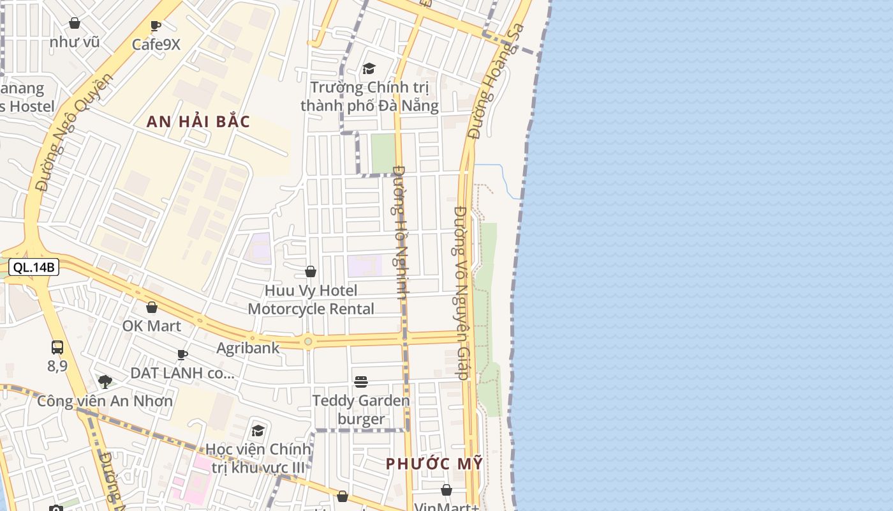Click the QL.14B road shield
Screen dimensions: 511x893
(34, 267)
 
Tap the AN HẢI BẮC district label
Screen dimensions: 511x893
(198, 121)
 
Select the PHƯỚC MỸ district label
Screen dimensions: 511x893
(434, 464)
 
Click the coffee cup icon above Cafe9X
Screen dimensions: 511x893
(156, 26)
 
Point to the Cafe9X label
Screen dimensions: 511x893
(156, 44)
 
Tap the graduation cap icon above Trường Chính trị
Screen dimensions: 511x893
(369, 68)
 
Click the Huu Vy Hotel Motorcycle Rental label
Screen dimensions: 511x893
(311, 300)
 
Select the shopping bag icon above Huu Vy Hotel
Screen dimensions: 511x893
(311, 271)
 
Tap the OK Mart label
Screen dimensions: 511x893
(152, 326)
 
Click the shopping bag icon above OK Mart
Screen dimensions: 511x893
(152, 307)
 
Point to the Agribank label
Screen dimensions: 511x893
(247, 347)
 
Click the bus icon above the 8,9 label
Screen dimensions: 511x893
(57, 347)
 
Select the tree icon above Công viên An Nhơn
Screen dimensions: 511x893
(105, 382)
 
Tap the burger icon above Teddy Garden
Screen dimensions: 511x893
(361, 382)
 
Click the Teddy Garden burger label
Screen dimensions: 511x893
(361, 409)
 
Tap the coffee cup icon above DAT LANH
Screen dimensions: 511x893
(182, 355)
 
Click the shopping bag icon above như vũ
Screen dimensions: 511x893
(75, 24)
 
